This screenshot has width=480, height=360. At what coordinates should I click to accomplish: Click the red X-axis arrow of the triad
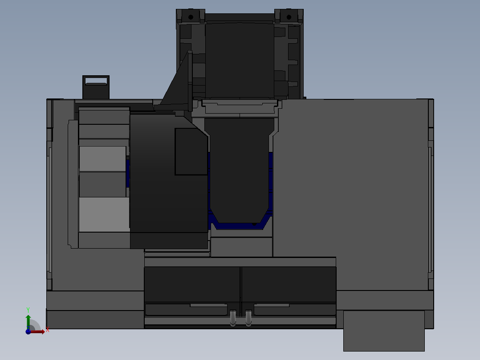(x=39, y=331)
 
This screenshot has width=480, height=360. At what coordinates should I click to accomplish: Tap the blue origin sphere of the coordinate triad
(x=28, y=331)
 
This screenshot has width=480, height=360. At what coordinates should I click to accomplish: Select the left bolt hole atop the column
(x=191, y=17)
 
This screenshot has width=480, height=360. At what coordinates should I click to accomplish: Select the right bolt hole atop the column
(x=289, y=17)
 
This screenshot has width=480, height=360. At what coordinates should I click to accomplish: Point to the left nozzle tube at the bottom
(x=233, y=318)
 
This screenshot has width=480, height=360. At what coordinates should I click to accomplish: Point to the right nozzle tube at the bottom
(x=248, y=318)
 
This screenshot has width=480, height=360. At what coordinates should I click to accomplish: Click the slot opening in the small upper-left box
(x=97, y=80)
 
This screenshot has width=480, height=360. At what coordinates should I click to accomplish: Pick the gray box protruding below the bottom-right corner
(x=383, y=331)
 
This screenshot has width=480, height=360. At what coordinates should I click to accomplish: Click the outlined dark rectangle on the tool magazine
(x=191, y=151)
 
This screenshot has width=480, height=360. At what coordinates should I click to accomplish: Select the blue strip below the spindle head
(x=240, y=225)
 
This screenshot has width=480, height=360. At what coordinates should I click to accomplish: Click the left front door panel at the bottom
(x=192, y=284)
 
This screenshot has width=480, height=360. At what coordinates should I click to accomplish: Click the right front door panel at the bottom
(x=289, y=284)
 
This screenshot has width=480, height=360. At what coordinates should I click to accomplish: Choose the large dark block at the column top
(x=239, y=60)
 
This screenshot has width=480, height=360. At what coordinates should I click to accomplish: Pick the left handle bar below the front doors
(x=208, y=305)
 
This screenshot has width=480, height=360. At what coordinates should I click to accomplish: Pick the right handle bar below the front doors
(x=272, y=305)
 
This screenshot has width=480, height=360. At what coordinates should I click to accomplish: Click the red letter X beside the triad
(x=47, y=330)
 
